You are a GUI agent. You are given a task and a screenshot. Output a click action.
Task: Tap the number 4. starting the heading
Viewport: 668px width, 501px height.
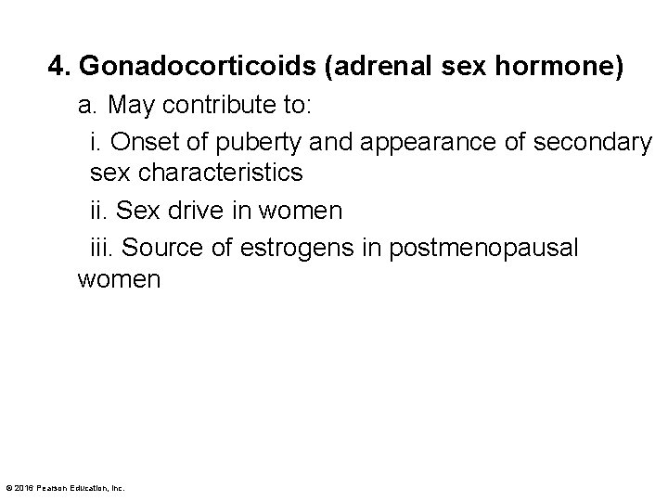click(60, 67)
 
